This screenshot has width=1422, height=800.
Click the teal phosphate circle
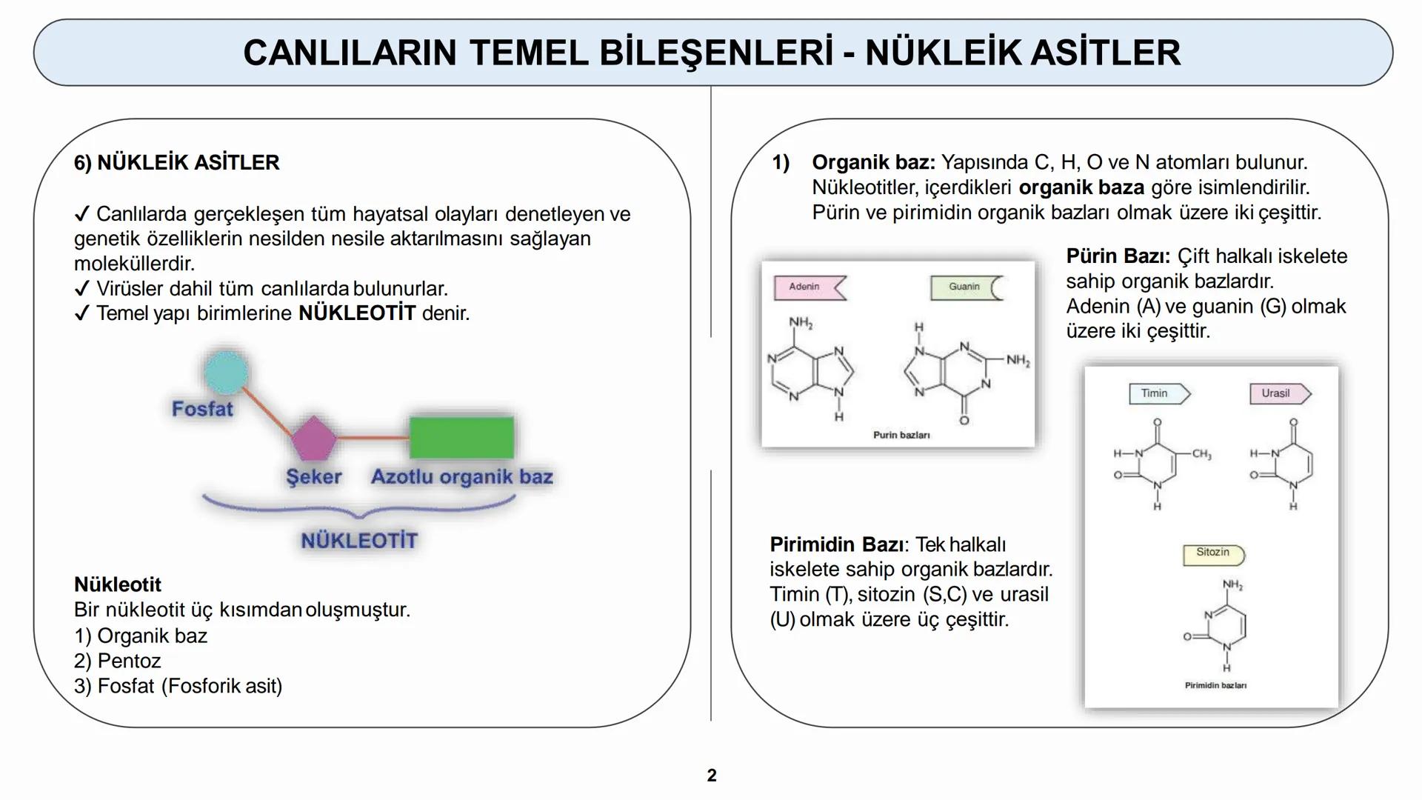226,373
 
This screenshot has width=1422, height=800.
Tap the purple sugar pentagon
313,439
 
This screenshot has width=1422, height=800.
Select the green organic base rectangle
461,437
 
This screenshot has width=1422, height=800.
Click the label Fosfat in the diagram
201,409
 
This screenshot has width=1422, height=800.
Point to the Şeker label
313,476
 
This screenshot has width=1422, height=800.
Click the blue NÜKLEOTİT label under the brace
359,541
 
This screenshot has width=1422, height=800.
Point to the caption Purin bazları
901,436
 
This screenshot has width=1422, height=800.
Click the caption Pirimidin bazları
1215,686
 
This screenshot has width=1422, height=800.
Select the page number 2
712,776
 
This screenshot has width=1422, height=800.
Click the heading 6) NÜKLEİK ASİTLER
177,163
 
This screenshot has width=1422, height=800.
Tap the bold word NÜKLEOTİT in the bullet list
357,313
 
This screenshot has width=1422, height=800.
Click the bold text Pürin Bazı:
1118,256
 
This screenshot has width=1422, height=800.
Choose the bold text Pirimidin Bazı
836,544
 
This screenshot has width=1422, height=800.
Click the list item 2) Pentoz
118,661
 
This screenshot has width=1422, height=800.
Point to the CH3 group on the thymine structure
1201,455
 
